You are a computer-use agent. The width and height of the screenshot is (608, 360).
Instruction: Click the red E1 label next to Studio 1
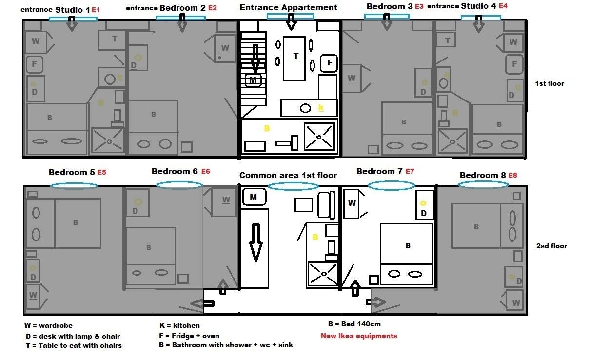(96, 10)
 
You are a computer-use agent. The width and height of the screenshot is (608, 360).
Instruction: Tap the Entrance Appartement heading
(288, 7)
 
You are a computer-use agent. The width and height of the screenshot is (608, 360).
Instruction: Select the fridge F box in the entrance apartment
(329, 63)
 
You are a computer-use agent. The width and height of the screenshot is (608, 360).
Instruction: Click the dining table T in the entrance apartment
(295, 58)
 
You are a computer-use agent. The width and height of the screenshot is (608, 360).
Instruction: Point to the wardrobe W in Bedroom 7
(352, 202)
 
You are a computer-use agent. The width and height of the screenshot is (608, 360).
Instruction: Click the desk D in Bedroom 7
(424, 205)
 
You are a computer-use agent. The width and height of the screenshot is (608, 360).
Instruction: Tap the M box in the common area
(254, 197)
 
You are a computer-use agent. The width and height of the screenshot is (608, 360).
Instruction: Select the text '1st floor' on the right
(549, 83)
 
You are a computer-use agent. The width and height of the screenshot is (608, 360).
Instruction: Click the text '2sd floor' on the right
(551, 246)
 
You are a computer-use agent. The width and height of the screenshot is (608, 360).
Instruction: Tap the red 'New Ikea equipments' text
(359, 336)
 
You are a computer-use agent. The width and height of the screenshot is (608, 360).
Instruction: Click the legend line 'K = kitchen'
(179, 325)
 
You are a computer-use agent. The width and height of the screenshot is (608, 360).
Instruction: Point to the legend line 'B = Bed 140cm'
(354, 324)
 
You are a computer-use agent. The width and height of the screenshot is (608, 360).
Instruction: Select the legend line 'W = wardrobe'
(48, 325)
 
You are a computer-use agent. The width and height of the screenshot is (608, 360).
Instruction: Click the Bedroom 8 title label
(482, 175)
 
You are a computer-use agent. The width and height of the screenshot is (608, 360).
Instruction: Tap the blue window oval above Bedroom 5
(75, 185)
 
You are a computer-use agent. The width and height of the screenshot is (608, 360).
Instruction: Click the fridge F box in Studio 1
(35, 63)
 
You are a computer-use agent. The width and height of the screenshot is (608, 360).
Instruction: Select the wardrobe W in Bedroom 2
(225, 48)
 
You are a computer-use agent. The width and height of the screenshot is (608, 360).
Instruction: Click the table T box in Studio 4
(447, 41)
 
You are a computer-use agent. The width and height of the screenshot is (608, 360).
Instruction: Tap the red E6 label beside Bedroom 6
(205, 172)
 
